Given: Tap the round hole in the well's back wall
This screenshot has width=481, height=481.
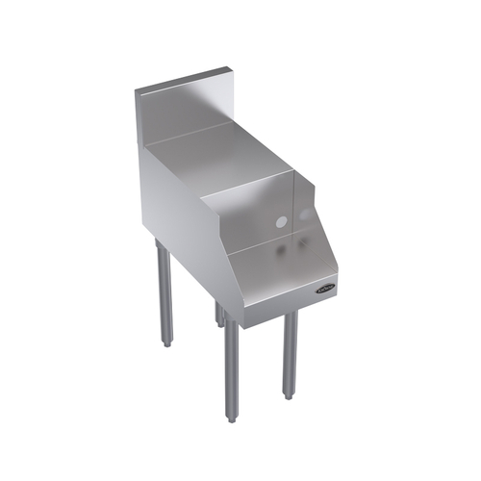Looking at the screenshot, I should tap(281, 221).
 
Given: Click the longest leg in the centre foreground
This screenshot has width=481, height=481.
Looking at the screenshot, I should tap(231, 370).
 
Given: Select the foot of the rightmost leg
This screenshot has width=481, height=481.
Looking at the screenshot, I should tap(289, 393).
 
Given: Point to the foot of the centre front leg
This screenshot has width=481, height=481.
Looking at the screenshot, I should tap(231, 416).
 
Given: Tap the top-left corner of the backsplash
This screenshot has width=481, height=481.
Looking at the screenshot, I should tap(135, 89).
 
